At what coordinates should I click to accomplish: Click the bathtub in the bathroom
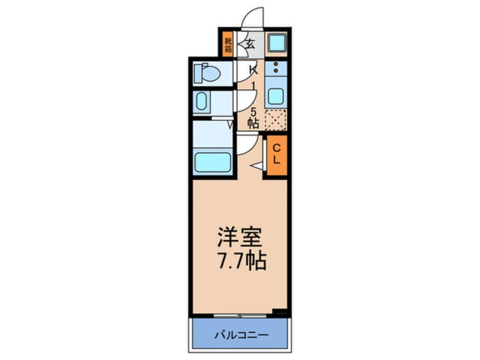click(213, 162)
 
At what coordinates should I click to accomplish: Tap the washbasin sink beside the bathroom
click(203, 103)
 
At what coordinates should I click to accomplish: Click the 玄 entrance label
click(250, 43)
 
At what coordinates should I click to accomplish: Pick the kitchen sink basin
click(276, 95)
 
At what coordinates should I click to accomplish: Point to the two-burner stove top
click(276, 70)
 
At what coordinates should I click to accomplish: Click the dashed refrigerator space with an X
click(276, 120)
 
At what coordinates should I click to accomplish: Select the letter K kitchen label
click(254, 70)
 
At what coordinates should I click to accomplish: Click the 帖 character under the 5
click(253, 122)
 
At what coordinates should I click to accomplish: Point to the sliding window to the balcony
click(241, 314)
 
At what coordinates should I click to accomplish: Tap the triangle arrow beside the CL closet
click(256, 166)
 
